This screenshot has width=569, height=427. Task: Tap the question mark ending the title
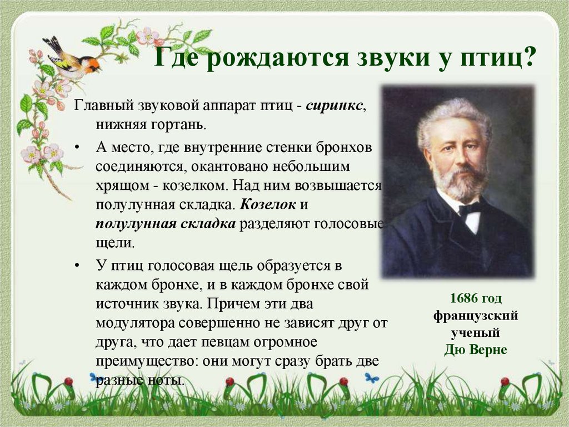tap(528, 57)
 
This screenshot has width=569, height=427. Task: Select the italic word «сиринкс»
tap(336, 106)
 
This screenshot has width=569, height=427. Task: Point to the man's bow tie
tap(469, 208)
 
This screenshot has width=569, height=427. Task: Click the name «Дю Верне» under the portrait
tap(476, 351)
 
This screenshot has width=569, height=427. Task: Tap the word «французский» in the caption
tap(476, 316)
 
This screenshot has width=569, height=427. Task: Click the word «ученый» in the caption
tap(476, 333)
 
